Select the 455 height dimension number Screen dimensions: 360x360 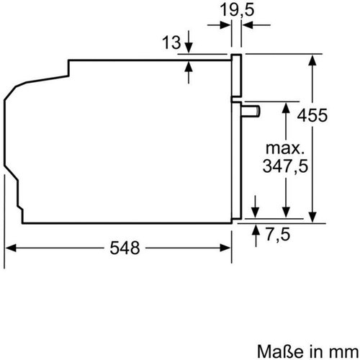[333, 115]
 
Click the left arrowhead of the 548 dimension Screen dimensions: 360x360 [10, 247]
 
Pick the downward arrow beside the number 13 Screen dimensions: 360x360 [189, 49]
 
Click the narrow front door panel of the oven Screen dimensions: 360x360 [235, 137]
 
